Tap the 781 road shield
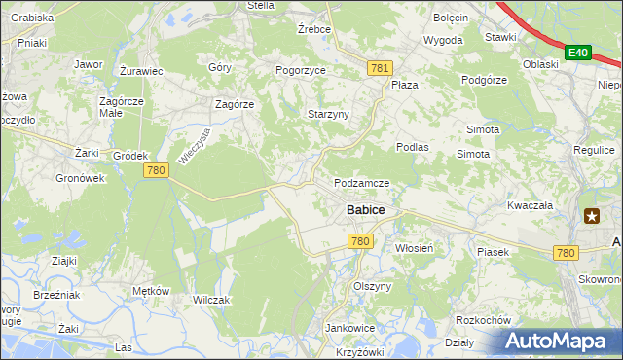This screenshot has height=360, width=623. click(x=381, y=67)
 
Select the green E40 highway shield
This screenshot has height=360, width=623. click(x=579, y=52)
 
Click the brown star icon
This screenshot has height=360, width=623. click(x=591, y=217)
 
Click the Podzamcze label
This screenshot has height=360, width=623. click(x=361, y=183)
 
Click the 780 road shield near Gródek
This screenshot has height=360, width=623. click(x=156, y=170)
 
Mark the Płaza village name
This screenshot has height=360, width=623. click(x=404, y=85)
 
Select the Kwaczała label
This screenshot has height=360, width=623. click(x=530, y=206)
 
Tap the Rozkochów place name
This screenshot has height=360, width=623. click(x=484, y=320)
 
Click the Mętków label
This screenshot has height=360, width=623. click(x=151, y=291)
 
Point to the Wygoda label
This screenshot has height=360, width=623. click(x=443, y=41)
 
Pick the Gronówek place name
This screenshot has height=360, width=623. click(x=80, y=179)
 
